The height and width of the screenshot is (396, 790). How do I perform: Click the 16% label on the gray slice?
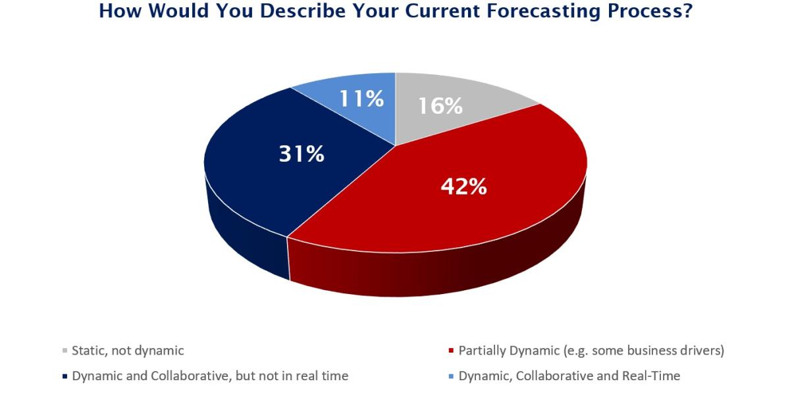point(440,106)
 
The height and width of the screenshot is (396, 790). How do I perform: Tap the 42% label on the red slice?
point(463,186)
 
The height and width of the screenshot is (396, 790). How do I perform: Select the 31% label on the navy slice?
point(302,154)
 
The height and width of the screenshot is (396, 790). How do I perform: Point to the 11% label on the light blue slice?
point(361,98)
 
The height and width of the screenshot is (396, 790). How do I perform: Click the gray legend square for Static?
point(65,351)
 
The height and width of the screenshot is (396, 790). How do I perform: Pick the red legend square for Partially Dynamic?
point(451,351)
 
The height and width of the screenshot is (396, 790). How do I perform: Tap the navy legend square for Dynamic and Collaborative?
point(65,376)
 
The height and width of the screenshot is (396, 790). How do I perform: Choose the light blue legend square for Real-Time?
point(451,376)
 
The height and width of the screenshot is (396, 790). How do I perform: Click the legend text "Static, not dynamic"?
point(128,351)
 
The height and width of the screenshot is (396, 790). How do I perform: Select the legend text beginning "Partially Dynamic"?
point(591,351)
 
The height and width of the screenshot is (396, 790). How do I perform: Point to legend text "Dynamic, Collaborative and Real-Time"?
point(569,376)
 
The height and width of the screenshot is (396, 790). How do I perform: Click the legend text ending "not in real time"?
point(210,376)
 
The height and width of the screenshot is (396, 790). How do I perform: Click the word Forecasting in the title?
point(544,11)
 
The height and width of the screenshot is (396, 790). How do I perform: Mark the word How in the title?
point(120,11)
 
